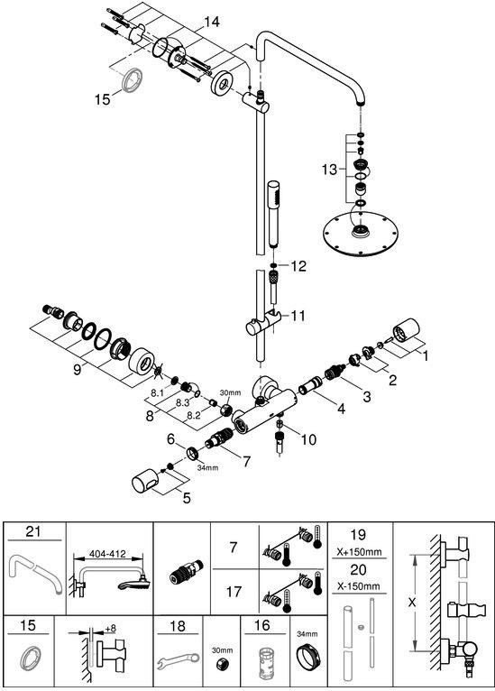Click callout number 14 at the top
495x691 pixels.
(211, 22)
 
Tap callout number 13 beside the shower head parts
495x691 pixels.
(329, 170)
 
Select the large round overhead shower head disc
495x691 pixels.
(361, 234)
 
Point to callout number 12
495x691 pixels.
(298, 266)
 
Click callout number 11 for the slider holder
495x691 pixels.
(298, 316)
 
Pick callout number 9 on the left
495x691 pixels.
(77, 370)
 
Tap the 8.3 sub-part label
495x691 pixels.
(182, 402)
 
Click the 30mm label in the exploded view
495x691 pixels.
(230, 392)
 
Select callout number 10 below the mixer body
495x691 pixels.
(308, 439)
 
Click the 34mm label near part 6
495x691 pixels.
(207, 467)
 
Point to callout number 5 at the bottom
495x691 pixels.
(187, 498)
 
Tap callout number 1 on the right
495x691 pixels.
(425, 355)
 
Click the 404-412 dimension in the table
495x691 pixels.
(107, 554)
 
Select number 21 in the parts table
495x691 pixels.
(33, 531)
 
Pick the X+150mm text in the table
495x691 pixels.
(360, 552)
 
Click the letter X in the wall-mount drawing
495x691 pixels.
(412, 602)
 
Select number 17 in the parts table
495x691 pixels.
(234, 591)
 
